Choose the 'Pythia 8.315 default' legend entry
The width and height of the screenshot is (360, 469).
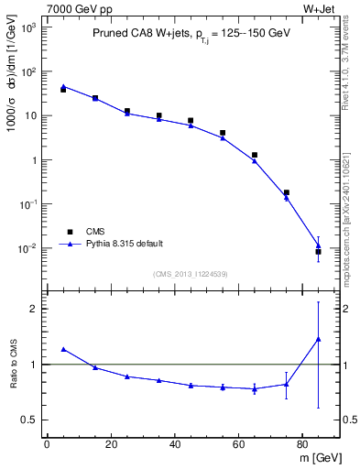click(124, 244)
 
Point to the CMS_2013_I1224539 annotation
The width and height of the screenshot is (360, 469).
click(191, 274)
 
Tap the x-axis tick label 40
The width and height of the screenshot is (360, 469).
click(174, 444)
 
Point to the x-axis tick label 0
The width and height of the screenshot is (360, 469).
click(47, 444)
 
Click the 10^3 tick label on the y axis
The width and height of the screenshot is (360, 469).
click(29, 27)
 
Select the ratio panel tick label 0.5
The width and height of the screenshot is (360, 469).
click(30, 420)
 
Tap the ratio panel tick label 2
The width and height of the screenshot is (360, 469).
click(35, 309)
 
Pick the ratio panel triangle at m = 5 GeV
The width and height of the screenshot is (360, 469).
click(63, 349)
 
